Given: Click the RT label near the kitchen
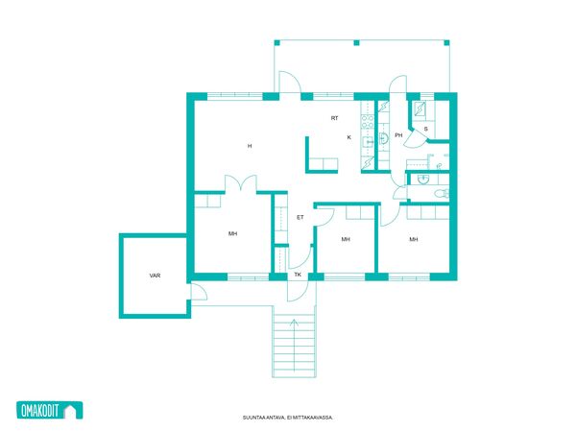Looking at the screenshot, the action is coord(334,118).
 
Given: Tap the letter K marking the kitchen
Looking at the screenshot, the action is coord(349,137).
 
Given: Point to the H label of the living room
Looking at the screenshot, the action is coord(250,146).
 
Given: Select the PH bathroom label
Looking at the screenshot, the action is coord(398,135).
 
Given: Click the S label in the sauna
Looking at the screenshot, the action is coord(425,129).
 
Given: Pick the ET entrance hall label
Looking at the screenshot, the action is coord(300,218).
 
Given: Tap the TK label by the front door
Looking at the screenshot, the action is coord(298,275).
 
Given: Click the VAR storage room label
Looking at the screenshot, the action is coord(155,276).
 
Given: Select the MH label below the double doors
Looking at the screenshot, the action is coord(232,233).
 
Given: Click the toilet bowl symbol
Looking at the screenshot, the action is coord(442,193).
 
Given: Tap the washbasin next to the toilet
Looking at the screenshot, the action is coord(423,180).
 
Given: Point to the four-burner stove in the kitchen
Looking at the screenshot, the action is coord(368,121).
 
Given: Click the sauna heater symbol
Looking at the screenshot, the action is coord(420,108).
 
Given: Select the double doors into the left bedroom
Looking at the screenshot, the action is coord(241,183).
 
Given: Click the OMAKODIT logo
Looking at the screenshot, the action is coord(50,410).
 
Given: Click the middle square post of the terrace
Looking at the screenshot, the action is coord(356,43).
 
